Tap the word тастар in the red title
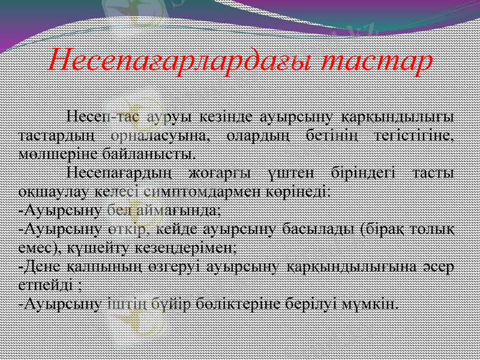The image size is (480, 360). (x=376, y=61)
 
